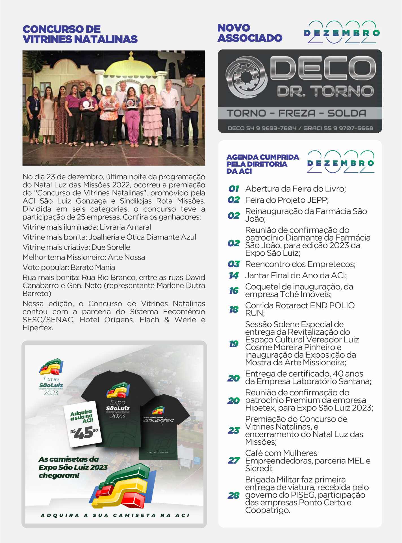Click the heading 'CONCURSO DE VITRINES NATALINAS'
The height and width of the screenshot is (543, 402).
pos(80,34)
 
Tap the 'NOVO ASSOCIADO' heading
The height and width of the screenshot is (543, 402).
pos(249,33)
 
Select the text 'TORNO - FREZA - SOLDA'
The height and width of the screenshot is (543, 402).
pos(296,113)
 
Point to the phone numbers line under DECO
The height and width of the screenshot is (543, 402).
pos(300,128)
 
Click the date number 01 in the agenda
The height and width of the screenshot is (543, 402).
pos(234,189)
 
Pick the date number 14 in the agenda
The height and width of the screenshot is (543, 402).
pos(234,275)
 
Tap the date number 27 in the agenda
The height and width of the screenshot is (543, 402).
pos(234,461)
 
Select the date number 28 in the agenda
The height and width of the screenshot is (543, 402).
pos(234,495)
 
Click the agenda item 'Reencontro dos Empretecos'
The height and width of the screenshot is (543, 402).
pos(300,264)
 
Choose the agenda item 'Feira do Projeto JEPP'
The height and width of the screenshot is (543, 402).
pos(287,200)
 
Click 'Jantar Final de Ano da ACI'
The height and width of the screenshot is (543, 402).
pos(296,275)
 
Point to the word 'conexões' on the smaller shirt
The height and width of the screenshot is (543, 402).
pos(158,421)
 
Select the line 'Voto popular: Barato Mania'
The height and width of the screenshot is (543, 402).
pos(69,267)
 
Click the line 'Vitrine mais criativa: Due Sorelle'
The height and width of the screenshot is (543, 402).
pos(76,247)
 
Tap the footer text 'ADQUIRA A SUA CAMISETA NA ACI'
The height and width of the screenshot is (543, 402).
pos(115,515)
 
